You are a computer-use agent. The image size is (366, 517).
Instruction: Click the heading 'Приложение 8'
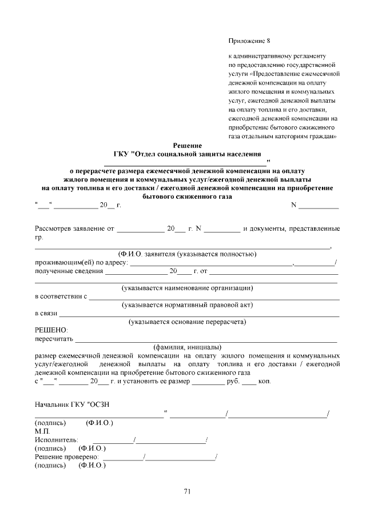[248, 41]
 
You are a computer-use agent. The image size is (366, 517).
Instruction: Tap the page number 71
[187, 491]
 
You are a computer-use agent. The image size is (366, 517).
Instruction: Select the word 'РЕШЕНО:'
[51, 330]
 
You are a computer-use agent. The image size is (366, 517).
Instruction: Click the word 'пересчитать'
[51, 339]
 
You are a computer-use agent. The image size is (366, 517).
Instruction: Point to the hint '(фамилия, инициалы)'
[186, 347]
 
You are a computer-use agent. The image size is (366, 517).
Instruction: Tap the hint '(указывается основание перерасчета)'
[188, 322]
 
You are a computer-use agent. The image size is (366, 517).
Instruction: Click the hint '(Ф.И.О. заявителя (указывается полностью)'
[187, 254]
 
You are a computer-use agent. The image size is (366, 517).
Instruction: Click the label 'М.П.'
[42, 431]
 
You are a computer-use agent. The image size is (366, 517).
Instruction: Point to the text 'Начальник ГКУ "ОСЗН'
[72, 405]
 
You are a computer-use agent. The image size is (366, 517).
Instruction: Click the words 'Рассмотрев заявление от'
[71, 229]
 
